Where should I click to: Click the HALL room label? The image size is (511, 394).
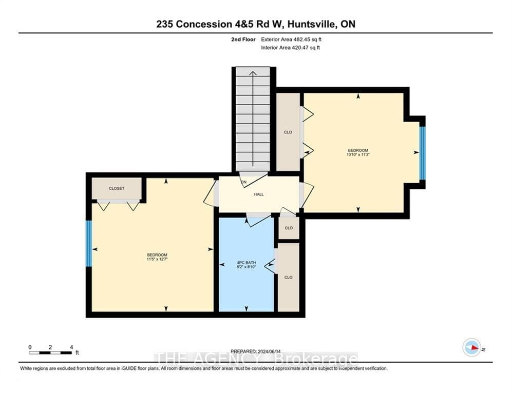259,194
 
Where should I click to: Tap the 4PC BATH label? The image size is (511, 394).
247,263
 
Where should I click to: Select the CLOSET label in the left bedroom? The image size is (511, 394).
117,188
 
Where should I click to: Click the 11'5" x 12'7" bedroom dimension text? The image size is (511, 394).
157,259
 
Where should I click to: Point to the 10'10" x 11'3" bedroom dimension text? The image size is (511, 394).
358,154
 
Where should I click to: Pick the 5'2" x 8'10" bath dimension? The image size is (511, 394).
247,267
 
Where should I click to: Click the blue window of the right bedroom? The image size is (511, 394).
422,153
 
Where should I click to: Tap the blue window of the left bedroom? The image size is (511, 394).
89,244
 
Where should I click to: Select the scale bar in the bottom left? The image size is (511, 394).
50,352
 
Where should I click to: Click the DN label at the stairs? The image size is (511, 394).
243,182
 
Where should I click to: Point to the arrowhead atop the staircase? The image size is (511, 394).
253,73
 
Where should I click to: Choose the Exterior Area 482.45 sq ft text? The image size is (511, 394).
291,40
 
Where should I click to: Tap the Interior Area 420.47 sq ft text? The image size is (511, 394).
290,48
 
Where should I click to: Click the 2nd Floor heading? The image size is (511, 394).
243,40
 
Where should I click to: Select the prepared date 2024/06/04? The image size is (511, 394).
269,351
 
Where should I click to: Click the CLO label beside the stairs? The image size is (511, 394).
288,132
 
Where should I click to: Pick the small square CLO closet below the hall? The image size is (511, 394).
289,228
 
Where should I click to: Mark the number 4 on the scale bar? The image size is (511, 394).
71,347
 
